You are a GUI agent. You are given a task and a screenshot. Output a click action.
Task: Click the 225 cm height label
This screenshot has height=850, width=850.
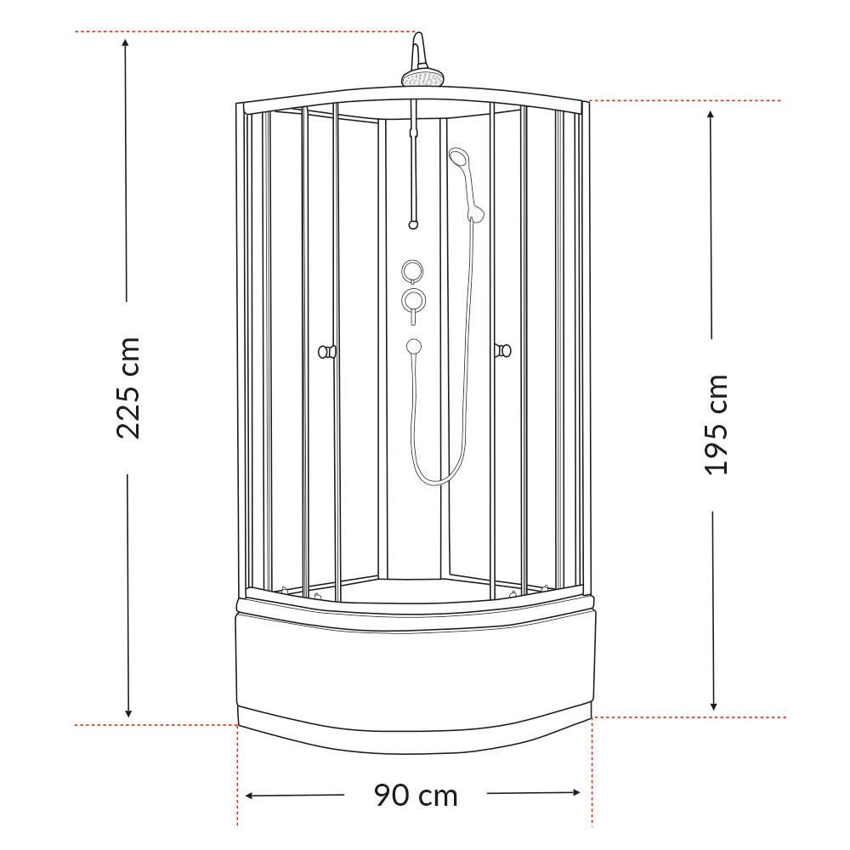(x=128, y=388)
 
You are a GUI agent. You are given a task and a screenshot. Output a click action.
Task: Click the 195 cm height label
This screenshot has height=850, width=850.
(x=717, y=424)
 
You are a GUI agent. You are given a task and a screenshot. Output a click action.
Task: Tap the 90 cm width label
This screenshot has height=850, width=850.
(x=416, y=796)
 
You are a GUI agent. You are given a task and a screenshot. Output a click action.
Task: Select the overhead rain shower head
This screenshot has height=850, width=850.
(x=422, y=79)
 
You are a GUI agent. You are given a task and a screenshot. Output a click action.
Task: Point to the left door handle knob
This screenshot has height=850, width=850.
(x=326, y=350)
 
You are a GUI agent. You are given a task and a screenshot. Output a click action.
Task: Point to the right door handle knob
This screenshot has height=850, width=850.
(x=503, y=349)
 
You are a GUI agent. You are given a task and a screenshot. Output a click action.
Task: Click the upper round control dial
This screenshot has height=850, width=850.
(x=413, y=270)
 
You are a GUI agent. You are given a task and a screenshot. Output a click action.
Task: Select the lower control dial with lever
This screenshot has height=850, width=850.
(x=414, y=300)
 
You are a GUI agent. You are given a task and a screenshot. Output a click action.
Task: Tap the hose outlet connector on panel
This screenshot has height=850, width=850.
(x=414, y=346)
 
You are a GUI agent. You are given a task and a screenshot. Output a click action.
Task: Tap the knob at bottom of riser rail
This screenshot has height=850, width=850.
(x=413, y=225)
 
